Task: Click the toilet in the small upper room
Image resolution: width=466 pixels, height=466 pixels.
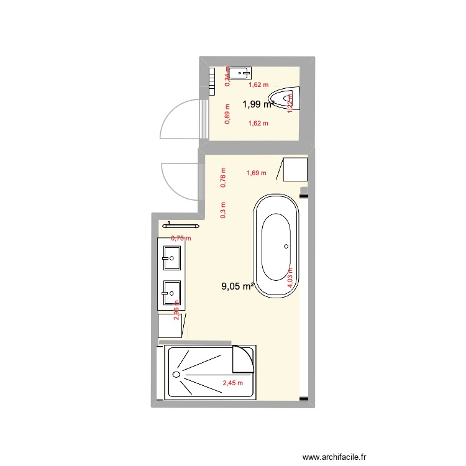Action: click(x=285, y=98)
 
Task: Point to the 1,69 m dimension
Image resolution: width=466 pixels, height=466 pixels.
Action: click(x=256, y=173)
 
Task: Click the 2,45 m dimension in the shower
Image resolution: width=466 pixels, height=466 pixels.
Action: click(x=232, y=383)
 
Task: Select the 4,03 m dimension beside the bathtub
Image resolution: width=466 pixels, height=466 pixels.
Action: click(x=290, y=275)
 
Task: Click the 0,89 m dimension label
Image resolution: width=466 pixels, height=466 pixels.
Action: click(x=227, y=113)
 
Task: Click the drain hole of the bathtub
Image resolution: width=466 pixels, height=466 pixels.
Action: click(x=286, y=246)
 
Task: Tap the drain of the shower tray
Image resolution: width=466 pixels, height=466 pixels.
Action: click(x=176, y=375)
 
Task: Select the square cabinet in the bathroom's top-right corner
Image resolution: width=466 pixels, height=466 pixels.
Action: click(x=296, y=170)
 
